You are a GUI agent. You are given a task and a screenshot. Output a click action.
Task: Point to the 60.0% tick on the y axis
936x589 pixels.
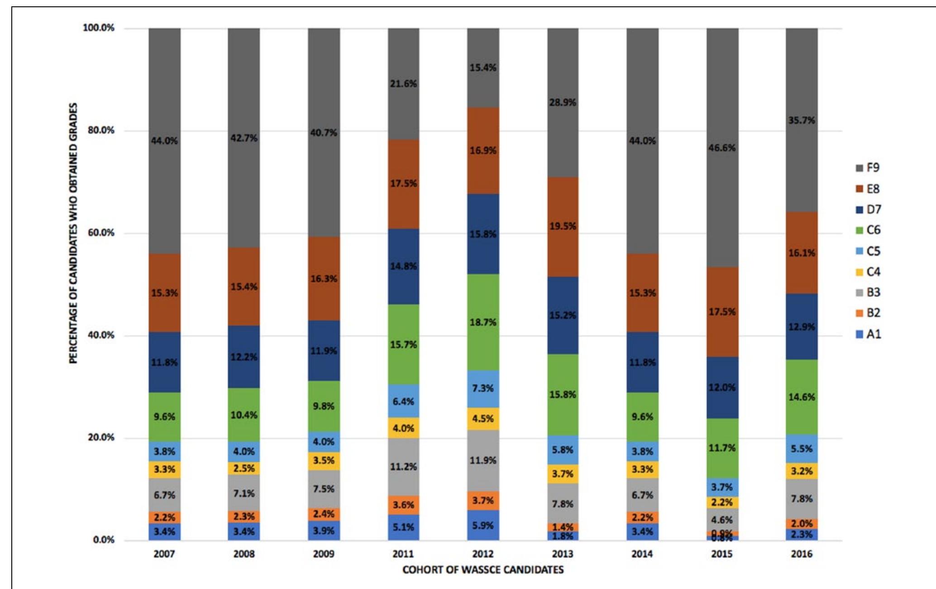pos(101,233)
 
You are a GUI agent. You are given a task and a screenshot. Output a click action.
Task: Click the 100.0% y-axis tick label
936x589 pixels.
pos(98,28)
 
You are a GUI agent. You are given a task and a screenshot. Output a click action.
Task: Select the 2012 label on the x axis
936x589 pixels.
pos(483,554)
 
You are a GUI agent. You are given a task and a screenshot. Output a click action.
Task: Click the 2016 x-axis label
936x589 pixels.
pos(802,554)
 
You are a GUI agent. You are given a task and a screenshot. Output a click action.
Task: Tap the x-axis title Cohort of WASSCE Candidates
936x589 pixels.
pos(483,570)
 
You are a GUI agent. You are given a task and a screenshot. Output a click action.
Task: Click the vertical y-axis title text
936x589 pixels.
pos(73,233)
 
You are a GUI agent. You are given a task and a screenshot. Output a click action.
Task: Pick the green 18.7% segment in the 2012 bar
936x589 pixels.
pos(483,322)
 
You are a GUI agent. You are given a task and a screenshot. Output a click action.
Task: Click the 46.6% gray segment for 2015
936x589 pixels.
pos(722,148)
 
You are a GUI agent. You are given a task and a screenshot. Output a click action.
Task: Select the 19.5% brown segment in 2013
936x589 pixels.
pos(563,226)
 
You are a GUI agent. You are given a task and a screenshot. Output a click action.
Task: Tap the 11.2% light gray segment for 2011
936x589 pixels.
pos(403,467)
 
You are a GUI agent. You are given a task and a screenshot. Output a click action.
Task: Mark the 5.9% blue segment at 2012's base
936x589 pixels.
pos(483,526)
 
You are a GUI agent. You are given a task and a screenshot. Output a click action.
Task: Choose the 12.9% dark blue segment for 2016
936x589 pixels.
pos(802,326)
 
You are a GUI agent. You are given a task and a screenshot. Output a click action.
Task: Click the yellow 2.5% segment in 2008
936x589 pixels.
pos(244,468)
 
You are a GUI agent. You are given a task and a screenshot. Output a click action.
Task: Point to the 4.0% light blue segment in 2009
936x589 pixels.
pos(324,442)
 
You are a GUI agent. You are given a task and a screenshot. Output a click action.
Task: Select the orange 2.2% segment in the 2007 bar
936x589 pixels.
pos(164,517)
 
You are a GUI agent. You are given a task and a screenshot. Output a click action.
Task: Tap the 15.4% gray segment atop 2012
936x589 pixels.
pos(483,68)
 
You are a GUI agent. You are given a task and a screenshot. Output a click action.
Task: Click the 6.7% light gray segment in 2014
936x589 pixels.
pos(642,495)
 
